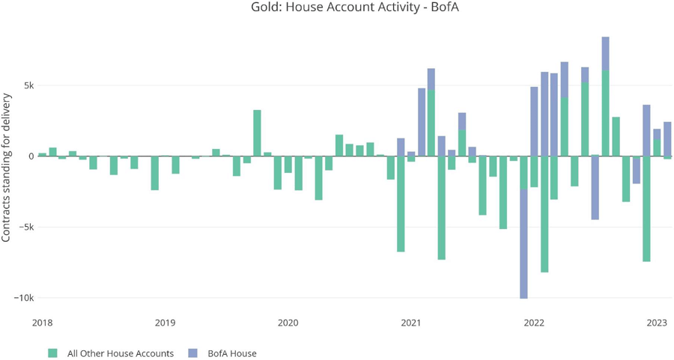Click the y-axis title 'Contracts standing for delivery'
pyautogui.click(x=7, y=168)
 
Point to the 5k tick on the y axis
pyautogui.click(x=27, y=85)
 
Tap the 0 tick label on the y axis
pyautogui.click(x=31, y=156)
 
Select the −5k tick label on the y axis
pyautogui.click(x=25, y=227)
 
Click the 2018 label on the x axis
pyautogui.click(x=42, y=323)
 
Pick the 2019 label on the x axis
pyautogui.click(x=165, y=323)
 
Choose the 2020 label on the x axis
pyautogui.click(x=288, y=323)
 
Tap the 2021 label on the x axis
pyautogui.click(x=410, y=323)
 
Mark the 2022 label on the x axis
pyautogui.click(x=534, y=323)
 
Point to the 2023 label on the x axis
pyautogui.click(x=657, y=323)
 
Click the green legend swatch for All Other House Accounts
pyautogui.click(x=52, y=353)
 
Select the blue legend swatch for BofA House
pyautogui.click(x=192, y=353)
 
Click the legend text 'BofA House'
pyautogui.click(x=232, y=353)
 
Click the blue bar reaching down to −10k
pyautogui.click(x=523, y=243)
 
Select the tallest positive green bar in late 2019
pyautogui.click(x=257, y=133)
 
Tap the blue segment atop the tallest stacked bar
pyautogui.click(x=605, y=53)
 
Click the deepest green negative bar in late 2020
pyautogui.click(x=401, y=204)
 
